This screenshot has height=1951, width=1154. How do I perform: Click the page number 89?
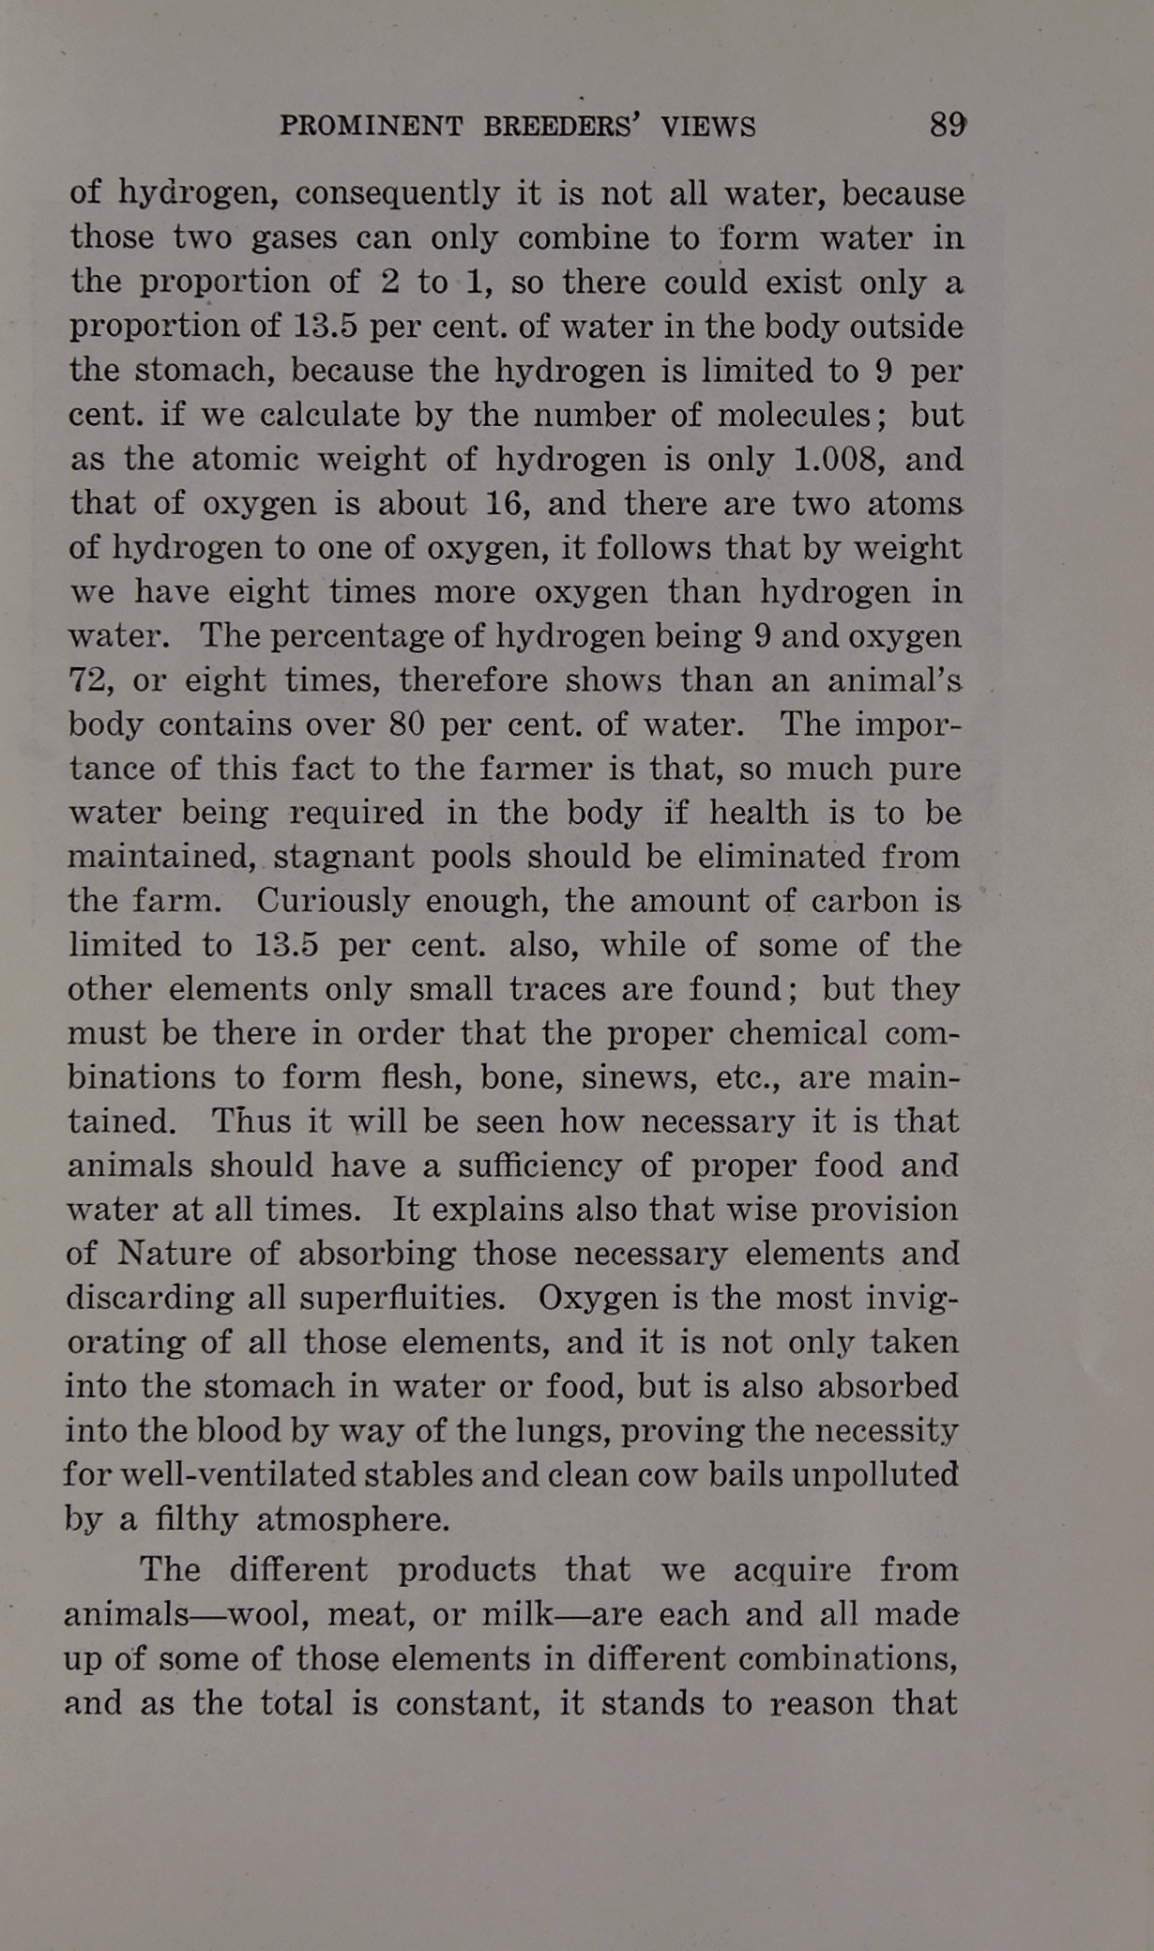click(948, 125)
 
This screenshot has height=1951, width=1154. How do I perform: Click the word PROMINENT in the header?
click(372, 127)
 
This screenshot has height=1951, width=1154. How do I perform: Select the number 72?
click(90, 680)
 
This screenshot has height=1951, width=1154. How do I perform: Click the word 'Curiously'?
click(333, 901)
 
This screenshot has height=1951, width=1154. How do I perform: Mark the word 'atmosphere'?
click(353, 1519)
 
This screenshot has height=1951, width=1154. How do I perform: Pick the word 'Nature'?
click(175, 1254)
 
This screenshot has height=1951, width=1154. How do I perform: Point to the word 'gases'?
click(294, 238)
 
